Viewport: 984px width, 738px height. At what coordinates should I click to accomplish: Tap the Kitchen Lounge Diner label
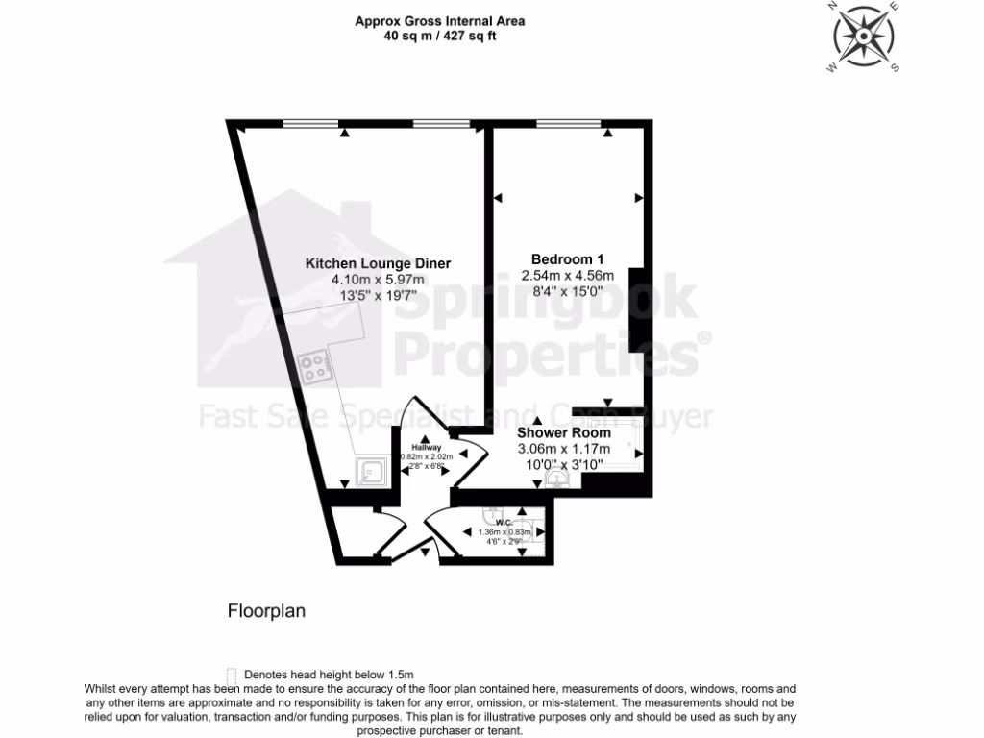click(x=378, y=263)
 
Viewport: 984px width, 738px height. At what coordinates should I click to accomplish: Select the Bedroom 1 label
click(x=567, y=258)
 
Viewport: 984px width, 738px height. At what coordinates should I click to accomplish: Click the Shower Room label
click(x=564, y=432)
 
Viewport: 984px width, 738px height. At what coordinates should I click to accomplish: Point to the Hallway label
click(x=426, y=448)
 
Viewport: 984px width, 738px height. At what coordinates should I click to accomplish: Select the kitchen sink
click(x=371, y=472)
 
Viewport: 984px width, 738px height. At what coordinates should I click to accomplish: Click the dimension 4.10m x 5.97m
click(x=378, y=280)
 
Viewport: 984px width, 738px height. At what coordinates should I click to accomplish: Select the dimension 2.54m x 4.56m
click(x=567, y=276)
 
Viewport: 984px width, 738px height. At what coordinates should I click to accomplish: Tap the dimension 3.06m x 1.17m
click(x=564, y=448)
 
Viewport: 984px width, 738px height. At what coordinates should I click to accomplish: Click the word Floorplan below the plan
click(x=266, y=610)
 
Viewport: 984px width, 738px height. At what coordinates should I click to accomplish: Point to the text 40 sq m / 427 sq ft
click(x=440, y=37)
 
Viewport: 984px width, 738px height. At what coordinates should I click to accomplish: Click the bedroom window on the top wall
click(x=570, y=123)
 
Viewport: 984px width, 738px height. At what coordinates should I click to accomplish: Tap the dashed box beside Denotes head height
click(x=231, y=675)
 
